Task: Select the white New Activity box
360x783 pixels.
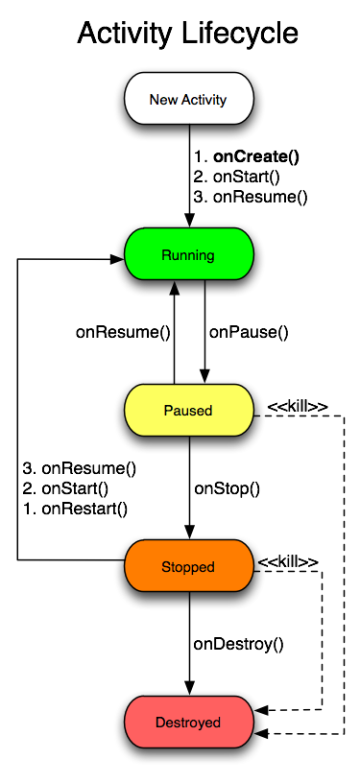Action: click(x=188, y=99)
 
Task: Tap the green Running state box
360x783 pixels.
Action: click(x=188, y=255)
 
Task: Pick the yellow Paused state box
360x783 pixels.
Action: click(x=188, y=410)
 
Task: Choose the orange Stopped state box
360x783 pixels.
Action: click(x=188, y=567)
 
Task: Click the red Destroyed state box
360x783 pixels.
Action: click(x=188, y=722)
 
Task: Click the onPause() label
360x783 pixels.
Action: click(x=249, y=333)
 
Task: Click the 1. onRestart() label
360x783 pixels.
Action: click(x=76, y=508)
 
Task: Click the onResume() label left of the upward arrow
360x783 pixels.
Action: click(x=123, y=333)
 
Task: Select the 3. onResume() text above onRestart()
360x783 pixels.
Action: click(x=80, y=469)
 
